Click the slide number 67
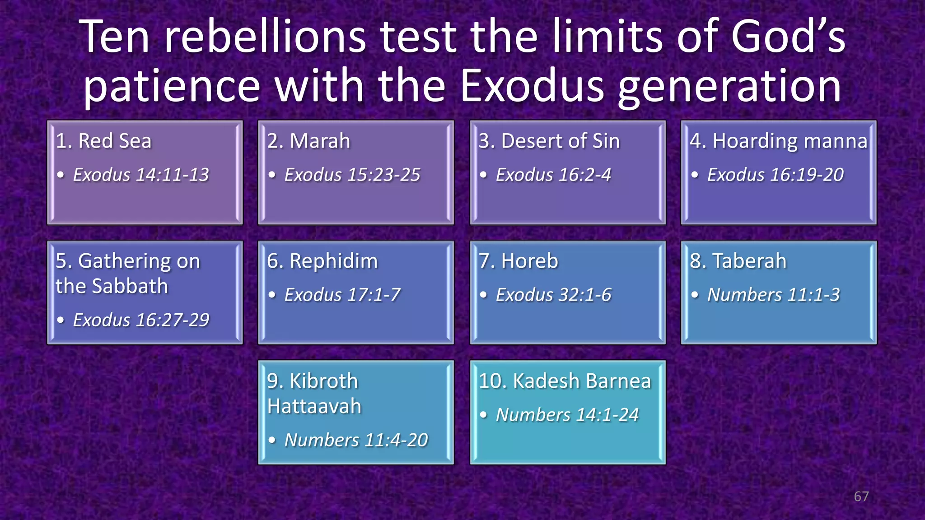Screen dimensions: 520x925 pos(861,497)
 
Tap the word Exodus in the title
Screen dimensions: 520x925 pos(532,86)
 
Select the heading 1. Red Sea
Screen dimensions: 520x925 pos(103,141)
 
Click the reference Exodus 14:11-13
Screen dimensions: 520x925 pos(141,175)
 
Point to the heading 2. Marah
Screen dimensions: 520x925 pos(308,141)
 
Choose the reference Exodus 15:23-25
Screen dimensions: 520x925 pos(352,175)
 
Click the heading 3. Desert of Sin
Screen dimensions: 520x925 pos(549,141)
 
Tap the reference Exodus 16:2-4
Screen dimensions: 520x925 pos(553,175)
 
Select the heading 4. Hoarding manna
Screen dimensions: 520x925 pos(779,141)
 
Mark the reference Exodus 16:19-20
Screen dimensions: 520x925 pos(775,175)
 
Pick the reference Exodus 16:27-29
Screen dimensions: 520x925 pos(141,320)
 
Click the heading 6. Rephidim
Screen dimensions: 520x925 pos(322,261)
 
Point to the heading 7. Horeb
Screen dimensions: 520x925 pos(518,261)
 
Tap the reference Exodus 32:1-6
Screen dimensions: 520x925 pos(553,295)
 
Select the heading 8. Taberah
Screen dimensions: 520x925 pos(738,261)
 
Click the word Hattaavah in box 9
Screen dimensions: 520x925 pos(314,406)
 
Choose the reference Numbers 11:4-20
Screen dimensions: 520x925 pos(355,440)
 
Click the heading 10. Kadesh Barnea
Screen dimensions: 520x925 pos(565,381)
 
